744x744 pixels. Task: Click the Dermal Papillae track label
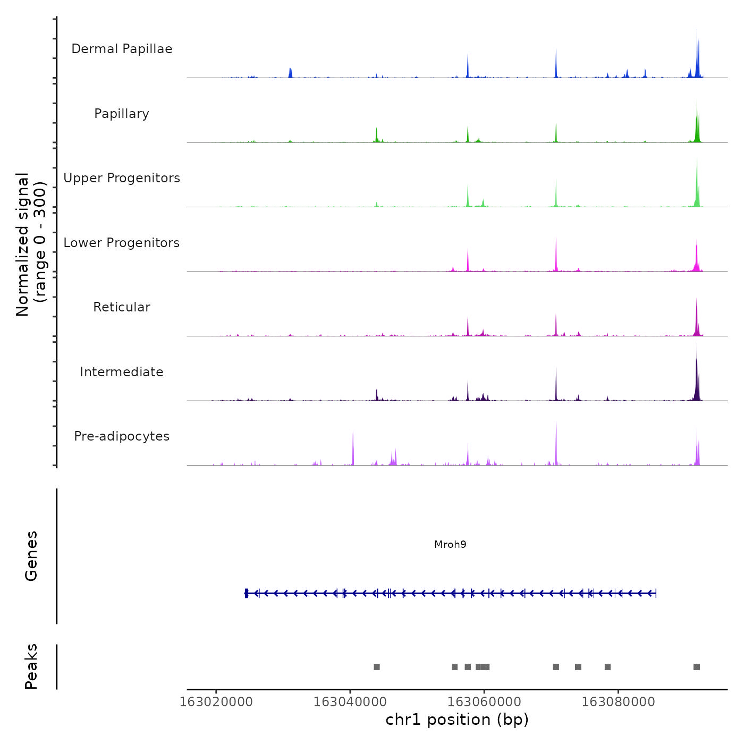(x=122, y=49)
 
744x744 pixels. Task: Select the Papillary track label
(x=122, y=114)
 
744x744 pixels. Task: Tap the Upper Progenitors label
(x=122, y=178)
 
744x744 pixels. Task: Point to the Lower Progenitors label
(x=122, y=243)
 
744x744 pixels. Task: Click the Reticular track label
(x=122, y=307)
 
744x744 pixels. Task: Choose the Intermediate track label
(x=122, y=372)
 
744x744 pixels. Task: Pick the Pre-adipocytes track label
(x=122, y=436)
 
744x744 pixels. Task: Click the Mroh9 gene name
(x=450, y=544)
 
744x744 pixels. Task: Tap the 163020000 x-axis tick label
(x=216, y=702)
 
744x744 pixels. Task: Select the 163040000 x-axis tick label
(x=350, y=702)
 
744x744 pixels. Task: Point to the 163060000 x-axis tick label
(x=484, y=702)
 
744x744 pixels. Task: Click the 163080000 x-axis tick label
(x=618, y=702)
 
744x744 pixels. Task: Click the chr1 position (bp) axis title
(x=457, y=720)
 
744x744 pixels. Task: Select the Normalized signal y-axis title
(x=31, y=244)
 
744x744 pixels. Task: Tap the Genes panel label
(x=31, y=556)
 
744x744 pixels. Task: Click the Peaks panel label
(x=31, y=666)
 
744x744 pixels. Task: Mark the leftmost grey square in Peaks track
(x=377, y=667)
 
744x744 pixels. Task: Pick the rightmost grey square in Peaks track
(x=697, y=667)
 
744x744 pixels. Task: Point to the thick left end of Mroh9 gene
(x=247, y=593)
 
